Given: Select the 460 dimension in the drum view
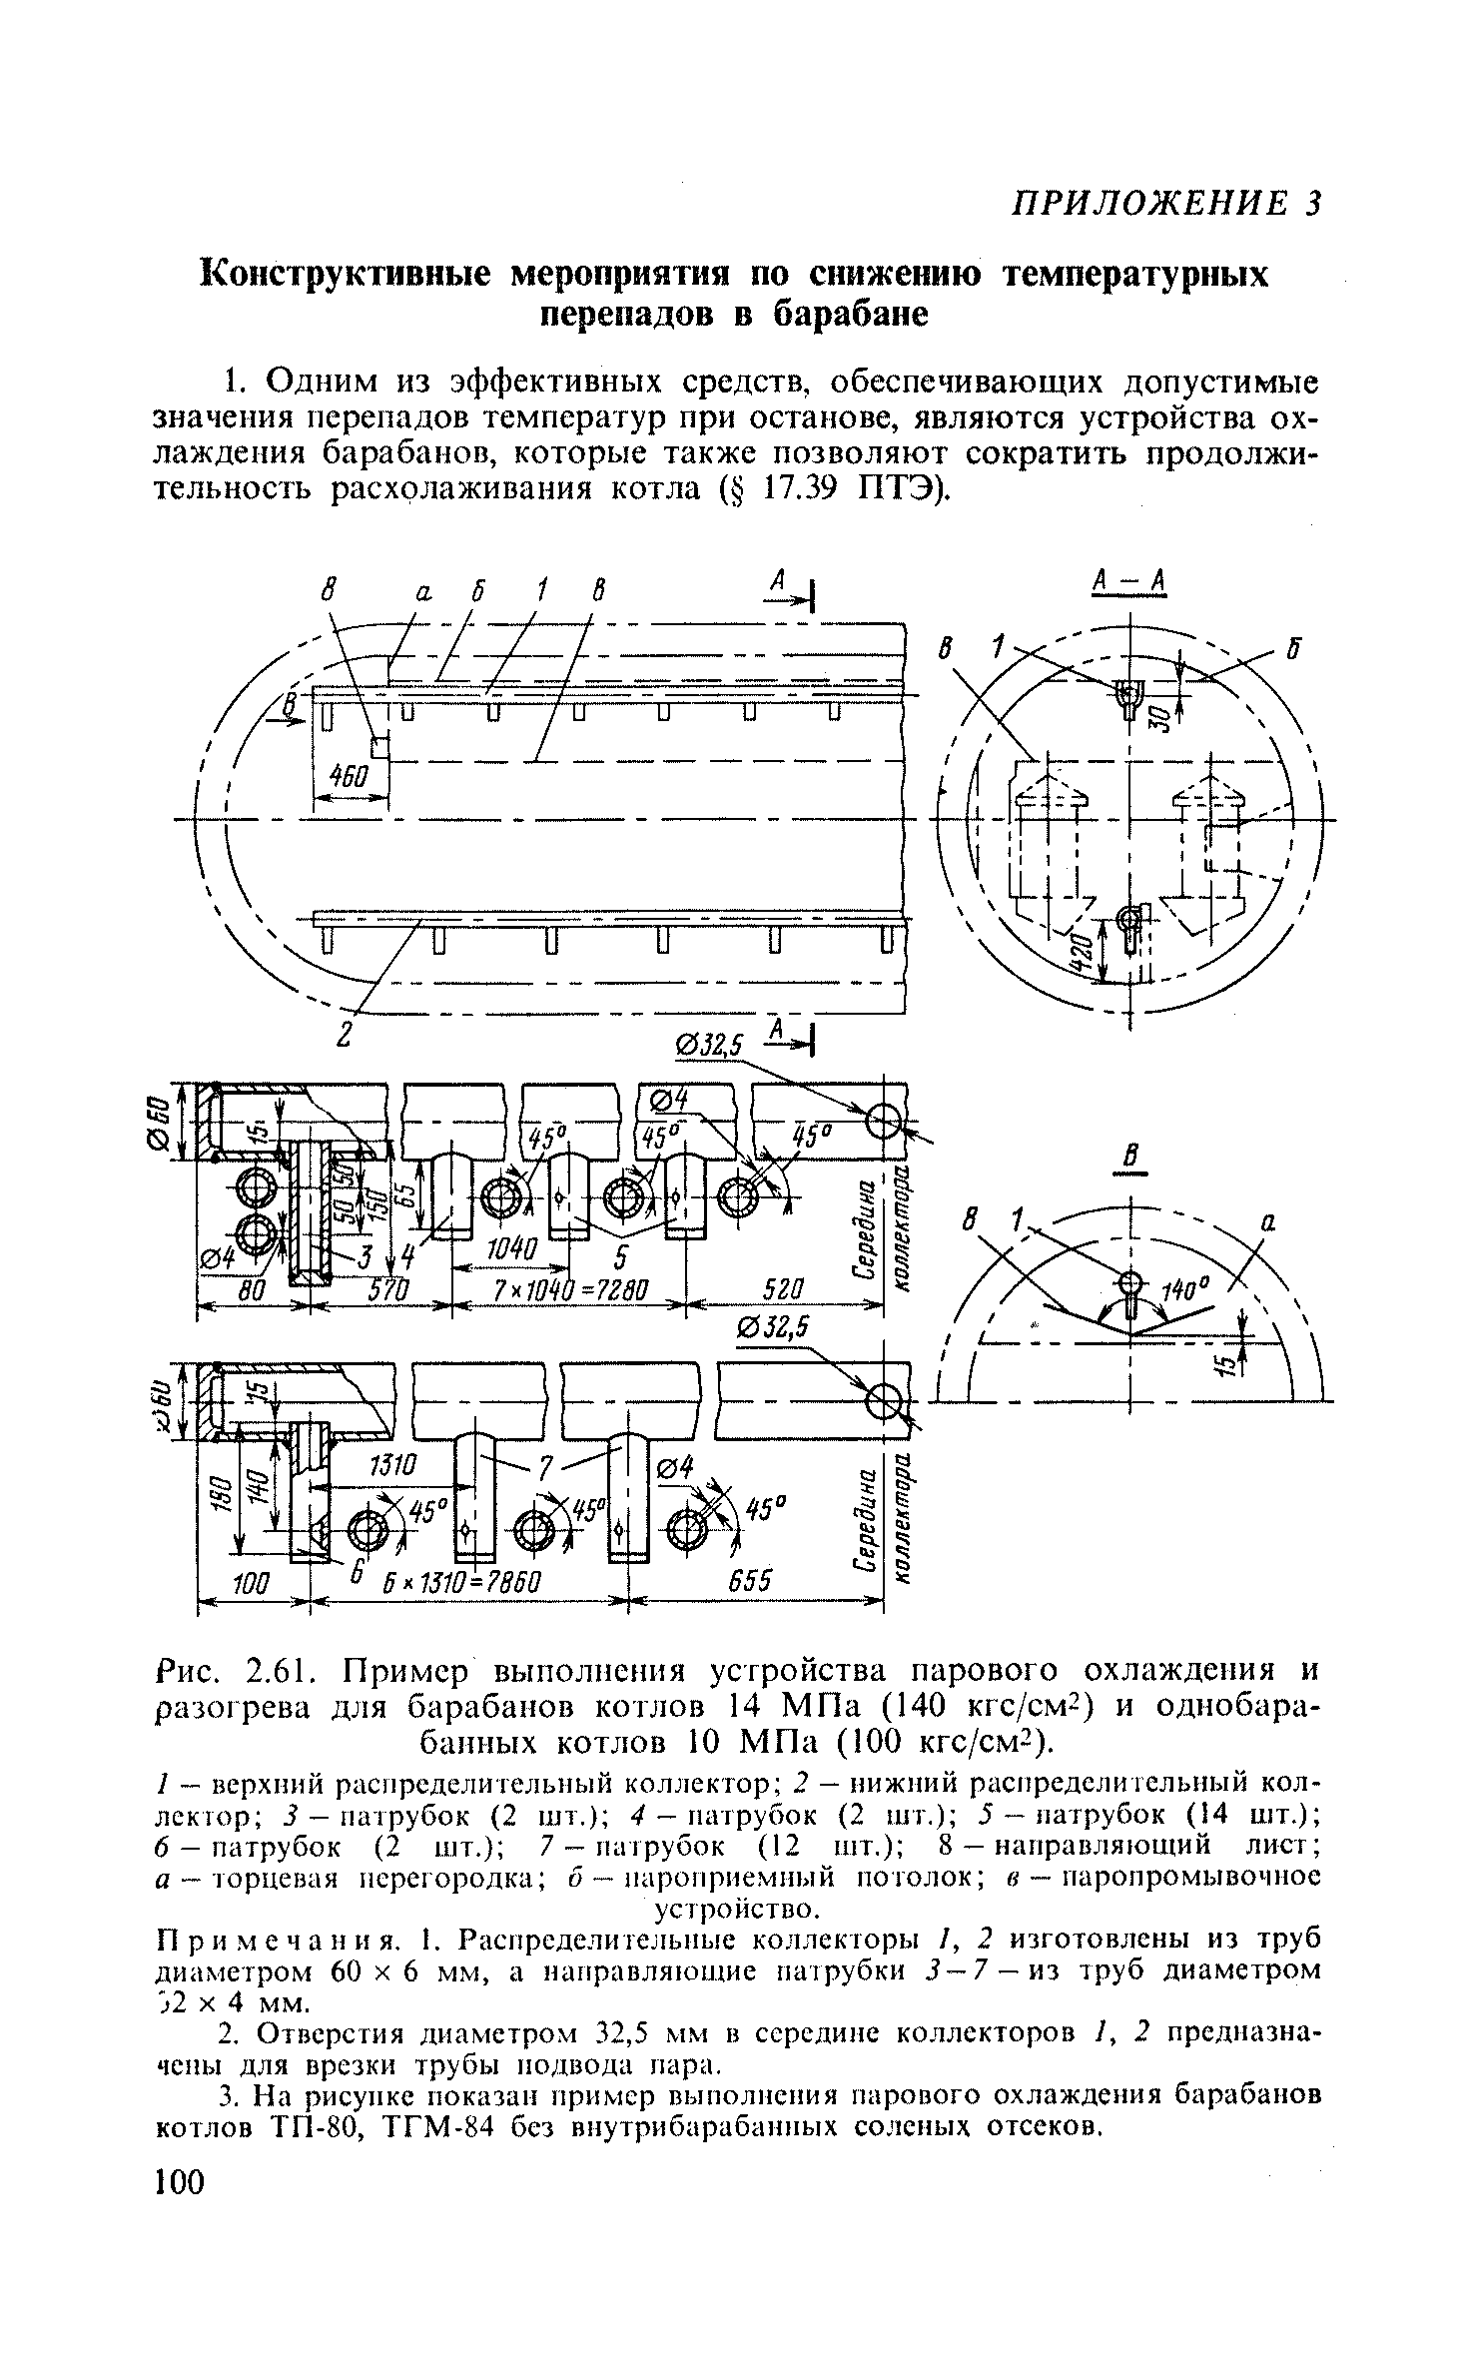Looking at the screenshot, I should (351, 776).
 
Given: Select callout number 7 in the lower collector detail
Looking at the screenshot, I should (545, 1466).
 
